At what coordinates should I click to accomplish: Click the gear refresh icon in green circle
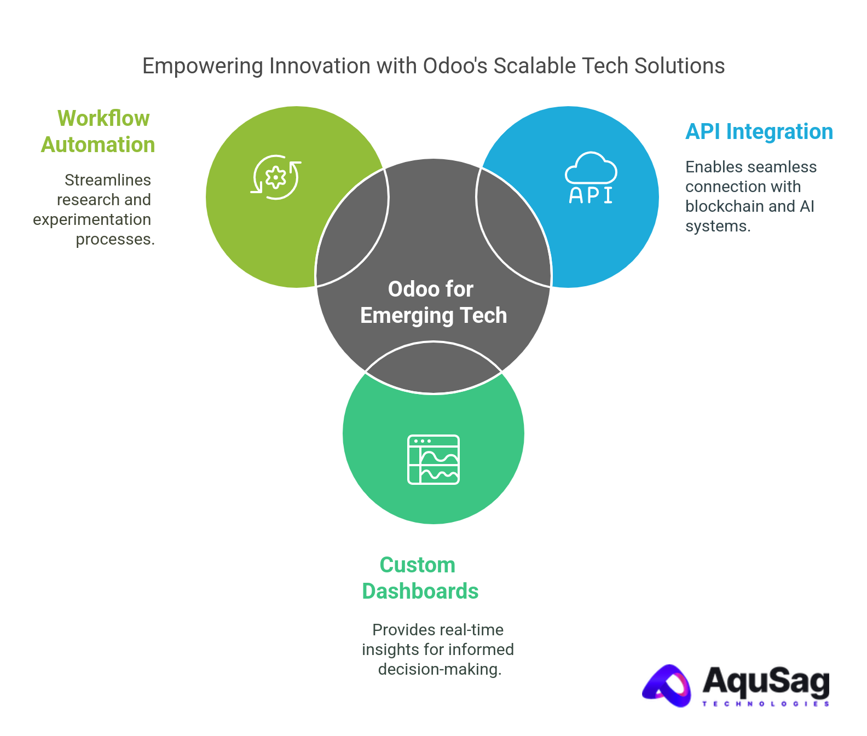(276, 177)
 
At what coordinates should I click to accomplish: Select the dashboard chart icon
(433, 460)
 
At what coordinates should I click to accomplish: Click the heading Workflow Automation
(99, 131)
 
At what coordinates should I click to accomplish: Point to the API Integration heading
(759, 132)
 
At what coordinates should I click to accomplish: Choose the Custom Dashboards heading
(419, 578)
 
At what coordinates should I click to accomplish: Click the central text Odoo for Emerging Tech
(432, 302)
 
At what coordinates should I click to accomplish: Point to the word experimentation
(92, 219)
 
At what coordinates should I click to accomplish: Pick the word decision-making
(440, 669)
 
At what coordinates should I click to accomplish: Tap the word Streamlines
(107, 180)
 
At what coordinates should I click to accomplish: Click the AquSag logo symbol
(667, 686)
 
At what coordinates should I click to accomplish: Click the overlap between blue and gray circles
(512, 230)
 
